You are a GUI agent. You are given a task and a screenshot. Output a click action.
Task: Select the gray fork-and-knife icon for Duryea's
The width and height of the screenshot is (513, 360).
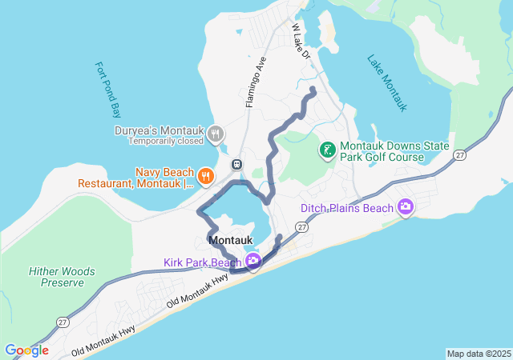tap(215, 134)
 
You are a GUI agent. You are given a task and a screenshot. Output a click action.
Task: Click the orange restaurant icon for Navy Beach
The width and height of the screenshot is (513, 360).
tap(206, 176)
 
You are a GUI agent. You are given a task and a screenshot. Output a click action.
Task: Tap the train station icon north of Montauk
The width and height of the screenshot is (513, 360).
tap(237, 164)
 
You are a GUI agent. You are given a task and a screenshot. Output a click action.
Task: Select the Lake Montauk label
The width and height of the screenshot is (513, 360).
tap(388, 82)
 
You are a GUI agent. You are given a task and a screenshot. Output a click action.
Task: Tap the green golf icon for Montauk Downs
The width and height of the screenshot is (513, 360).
tap(328, 150)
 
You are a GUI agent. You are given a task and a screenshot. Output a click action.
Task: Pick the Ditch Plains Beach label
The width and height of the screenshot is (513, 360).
tap(347, 209)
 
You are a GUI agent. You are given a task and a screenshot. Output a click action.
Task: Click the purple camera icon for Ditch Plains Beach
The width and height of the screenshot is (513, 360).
tap(406, 208)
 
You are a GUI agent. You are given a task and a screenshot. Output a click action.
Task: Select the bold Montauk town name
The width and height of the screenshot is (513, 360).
tap(231, 240)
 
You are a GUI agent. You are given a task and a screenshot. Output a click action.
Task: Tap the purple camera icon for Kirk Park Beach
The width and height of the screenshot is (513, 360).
tap(253, 261)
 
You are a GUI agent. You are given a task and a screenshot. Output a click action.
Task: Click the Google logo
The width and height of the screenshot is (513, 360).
tap(26, 350)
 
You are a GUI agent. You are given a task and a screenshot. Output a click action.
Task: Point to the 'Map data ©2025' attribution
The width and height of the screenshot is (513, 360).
tap(479, 354)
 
